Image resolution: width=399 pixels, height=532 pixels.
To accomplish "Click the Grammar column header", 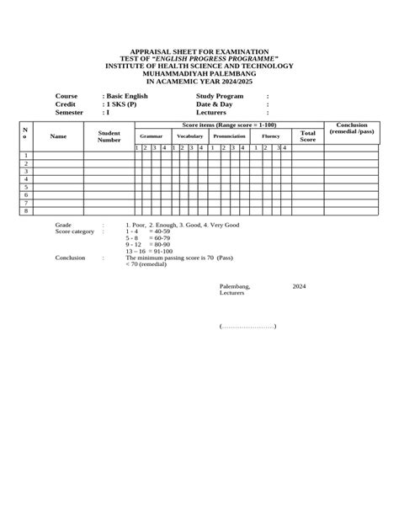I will click(152, 136).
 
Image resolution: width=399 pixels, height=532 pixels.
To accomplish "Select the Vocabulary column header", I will click(189, 136).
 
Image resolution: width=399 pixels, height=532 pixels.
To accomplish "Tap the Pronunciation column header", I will click(229, 136).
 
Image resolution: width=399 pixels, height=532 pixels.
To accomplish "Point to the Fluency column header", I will click(270, 136).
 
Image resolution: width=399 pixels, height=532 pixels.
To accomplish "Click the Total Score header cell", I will click(308, 136).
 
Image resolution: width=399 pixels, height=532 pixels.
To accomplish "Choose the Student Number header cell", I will click(109, 136).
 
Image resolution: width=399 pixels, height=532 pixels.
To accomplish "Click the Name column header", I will click(58, 136).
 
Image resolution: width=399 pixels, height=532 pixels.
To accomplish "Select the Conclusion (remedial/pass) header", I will click(352, 129).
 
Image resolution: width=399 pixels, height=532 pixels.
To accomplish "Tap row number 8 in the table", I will click(26, 210).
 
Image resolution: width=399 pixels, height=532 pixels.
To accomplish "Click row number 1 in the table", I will click(26, 156).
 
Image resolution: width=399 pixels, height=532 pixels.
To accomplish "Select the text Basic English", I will click(127, 96).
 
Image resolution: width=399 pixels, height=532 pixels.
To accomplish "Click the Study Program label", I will click(220, 96).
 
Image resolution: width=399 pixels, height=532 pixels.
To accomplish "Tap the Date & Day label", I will click(214, 104).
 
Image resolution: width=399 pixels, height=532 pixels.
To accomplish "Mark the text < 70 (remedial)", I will click(146, 264).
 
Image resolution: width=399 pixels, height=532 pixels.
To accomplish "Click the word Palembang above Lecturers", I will click(234, 286).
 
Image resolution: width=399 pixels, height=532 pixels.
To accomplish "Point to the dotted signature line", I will click(247, 326).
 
